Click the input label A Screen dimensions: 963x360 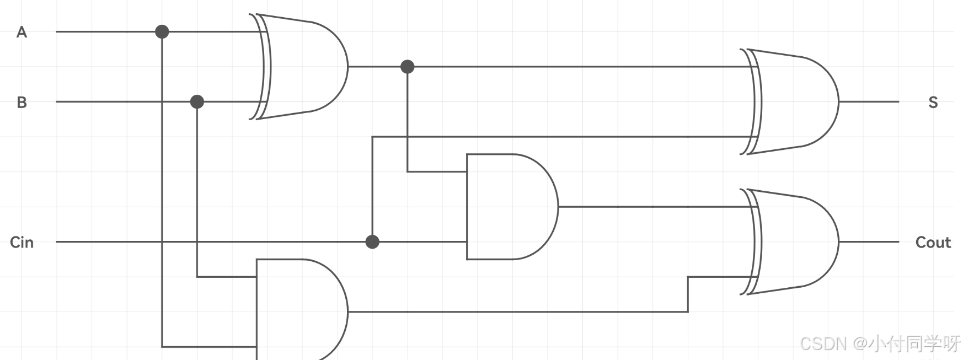click(22, 32)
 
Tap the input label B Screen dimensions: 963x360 click(22, 102)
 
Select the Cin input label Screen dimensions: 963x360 click(22, 242)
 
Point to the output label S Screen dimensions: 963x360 click(933, 102)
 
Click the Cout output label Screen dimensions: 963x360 click(933, 242)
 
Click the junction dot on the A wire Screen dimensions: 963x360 click(162, 31)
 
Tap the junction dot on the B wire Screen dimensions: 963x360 click(197, 101)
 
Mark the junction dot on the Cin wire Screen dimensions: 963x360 click(372, 241)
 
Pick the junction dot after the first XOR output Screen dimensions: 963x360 click(407, 67)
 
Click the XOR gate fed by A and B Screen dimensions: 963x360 click(303, 67)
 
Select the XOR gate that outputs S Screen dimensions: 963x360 click(794, 102)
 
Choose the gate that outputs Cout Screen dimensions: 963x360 click(794, 242)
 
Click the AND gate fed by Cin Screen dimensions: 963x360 click(510, 207)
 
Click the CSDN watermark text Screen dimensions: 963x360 click(880, 343)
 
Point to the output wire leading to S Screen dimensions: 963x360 click(869, 101)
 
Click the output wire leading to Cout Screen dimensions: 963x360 click(869, 241)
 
